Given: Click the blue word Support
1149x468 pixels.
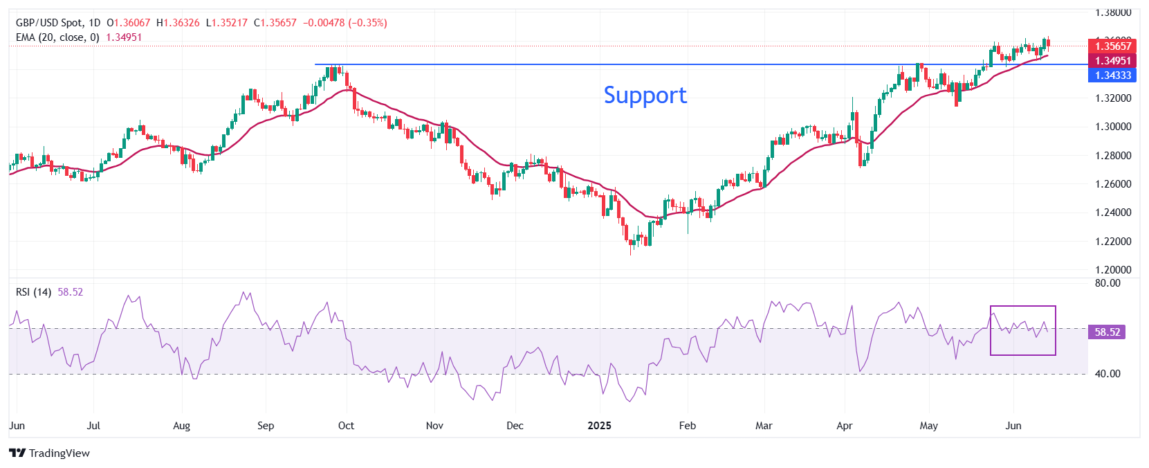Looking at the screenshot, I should point(645,95).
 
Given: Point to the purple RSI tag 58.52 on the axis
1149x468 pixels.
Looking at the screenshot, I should point(1107,332).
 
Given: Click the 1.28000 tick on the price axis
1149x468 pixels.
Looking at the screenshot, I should point(1113,156).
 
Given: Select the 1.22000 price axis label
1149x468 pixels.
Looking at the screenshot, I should point(1113,242).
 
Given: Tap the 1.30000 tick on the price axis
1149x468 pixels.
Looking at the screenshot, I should point(1113,127).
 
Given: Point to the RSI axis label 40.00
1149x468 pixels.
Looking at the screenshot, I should point(1107,374).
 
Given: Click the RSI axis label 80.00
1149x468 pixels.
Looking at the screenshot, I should point(1107,283).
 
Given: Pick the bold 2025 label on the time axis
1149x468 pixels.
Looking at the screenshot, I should point(599,426).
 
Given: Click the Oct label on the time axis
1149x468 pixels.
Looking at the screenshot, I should point(346,426).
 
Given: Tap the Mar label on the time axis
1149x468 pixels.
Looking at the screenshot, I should point(764,426).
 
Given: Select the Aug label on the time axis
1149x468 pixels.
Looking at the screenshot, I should point(181,426).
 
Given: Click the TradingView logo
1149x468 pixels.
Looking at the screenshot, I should point(50,453).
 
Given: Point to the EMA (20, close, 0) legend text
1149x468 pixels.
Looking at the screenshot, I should point(57,37).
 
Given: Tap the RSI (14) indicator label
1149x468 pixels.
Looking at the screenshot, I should point(33,292).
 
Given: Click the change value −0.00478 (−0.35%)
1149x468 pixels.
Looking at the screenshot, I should point(344,23).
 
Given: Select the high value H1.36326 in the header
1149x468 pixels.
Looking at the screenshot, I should point(178,23).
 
